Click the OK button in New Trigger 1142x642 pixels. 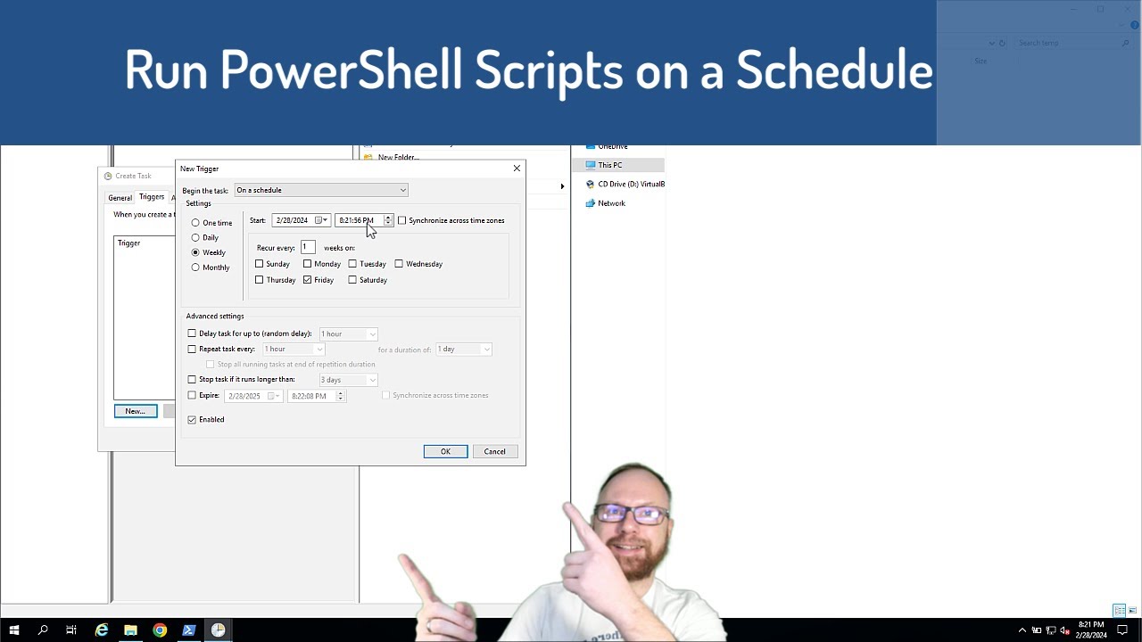(x=445, y=451)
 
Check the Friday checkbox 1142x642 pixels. (x=308, y=280)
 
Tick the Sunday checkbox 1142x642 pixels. (x=260, y=264)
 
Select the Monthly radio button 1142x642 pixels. (x=195, y=267)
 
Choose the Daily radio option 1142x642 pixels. (x=195, y=238)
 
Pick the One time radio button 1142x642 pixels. (x=195, y=223)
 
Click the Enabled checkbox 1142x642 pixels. (x=192, y=420)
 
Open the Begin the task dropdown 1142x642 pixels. (x=320, y=190)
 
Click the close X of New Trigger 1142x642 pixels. (x=517, y=169)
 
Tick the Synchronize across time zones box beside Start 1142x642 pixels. (x=402, y=220)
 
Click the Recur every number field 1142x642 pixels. (x=308, y=247)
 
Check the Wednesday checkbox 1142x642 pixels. (x=399, y=264)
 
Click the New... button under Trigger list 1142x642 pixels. (x=135, y=411)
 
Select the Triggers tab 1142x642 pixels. (x=151, y=197)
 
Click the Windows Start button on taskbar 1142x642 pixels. (x=14, y=630)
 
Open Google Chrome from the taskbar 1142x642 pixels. (x=160, y=630)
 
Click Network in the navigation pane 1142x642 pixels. (x=611, y=203)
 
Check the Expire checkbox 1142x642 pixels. (x=192, y=395)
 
